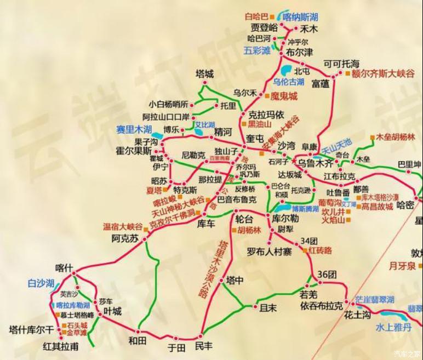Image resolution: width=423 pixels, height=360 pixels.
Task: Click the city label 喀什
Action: (64, 268)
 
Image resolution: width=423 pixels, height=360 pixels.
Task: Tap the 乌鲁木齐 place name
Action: (316, 163)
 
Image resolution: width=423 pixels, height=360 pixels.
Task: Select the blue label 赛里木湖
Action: (133, 129)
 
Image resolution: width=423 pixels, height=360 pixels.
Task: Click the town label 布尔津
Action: (300, 53)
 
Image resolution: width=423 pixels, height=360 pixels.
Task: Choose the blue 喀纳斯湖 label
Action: (300, 17)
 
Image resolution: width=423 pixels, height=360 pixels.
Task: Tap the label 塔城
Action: (205, 73)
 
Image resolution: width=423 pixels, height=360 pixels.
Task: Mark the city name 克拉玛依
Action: (266, 114)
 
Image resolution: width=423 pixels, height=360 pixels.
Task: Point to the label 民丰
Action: (204, 347)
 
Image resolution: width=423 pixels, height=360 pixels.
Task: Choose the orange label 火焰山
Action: (334, 220)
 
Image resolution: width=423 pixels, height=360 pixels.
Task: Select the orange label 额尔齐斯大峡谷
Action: (384, 73)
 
